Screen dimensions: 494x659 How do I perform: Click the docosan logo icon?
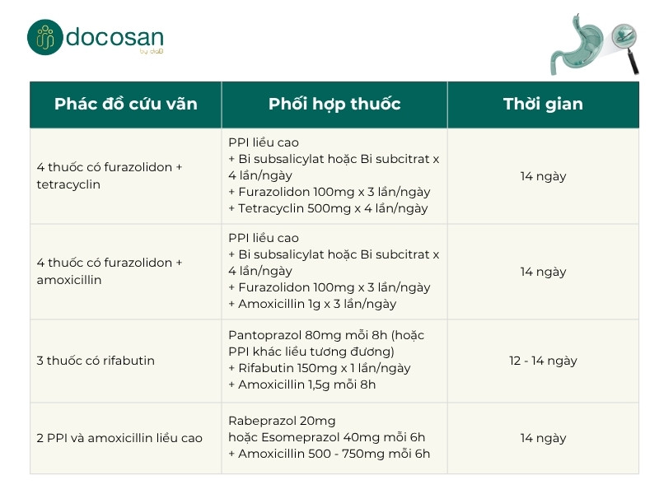click(x=44, y=37)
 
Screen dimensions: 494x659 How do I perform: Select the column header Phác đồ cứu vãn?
click(x=125, y=105)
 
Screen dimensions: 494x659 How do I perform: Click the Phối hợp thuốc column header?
click(x=334, y=105)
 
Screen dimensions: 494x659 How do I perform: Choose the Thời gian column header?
click(x=543, y=105)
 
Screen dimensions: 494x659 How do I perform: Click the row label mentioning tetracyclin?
click(x=110, y=176)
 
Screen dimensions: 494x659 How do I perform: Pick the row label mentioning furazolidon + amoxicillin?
click(x=110, y=272)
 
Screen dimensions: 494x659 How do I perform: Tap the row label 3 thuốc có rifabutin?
click(x=96, y=361)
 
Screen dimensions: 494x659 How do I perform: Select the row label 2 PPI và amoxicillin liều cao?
click(x=119, y=438)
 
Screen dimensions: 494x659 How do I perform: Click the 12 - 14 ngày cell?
click(x=543, y=361)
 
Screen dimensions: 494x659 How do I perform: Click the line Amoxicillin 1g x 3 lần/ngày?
click(x=312, y=304)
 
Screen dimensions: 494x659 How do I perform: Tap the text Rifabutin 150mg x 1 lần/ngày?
click(x=319, y=368)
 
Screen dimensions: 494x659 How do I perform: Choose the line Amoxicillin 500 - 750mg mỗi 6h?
click(x=329, y=454)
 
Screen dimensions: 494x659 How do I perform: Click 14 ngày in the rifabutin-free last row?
click(x=543, y=438)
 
